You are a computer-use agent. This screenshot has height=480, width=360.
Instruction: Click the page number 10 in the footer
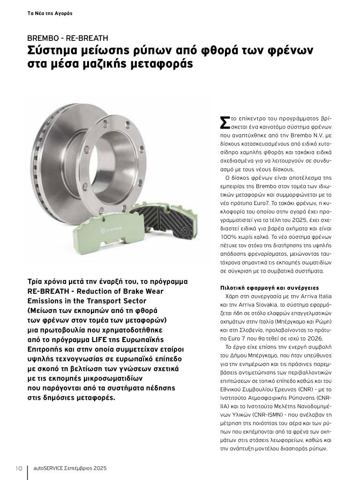19,468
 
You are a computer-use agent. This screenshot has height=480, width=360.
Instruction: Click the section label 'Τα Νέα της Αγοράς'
50,13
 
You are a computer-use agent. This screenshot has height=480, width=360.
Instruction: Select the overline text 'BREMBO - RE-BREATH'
67,38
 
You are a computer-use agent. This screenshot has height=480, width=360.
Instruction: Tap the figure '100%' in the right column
228,237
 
